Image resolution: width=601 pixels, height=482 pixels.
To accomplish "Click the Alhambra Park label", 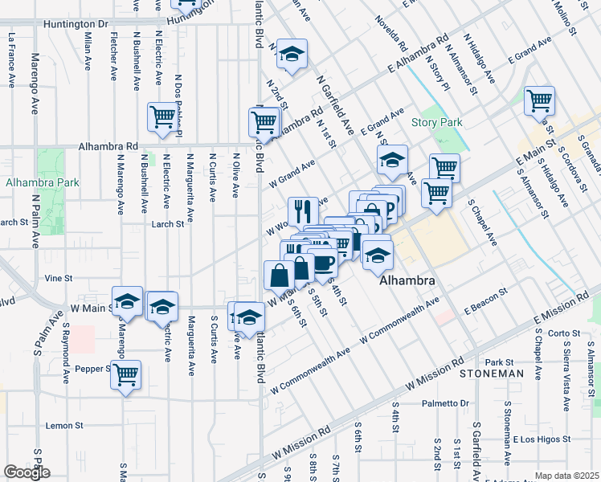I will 43,182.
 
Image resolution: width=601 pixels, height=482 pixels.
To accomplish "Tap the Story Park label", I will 437,122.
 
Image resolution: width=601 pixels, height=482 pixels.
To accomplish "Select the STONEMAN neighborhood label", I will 491,374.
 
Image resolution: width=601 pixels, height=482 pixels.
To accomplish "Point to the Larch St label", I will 169,224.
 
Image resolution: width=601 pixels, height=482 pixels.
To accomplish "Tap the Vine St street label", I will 59,278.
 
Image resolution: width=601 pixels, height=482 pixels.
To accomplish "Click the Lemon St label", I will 65,425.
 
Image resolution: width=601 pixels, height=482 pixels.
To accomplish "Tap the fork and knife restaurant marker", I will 303,211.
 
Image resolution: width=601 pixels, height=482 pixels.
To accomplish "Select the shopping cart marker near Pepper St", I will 126,374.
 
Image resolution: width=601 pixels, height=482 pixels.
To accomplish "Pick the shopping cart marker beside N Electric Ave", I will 163,116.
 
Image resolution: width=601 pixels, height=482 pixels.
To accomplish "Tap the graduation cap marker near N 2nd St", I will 292,54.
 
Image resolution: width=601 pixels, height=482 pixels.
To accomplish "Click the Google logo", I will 27,472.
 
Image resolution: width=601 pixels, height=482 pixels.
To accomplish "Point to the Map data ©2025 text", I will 567,476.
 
